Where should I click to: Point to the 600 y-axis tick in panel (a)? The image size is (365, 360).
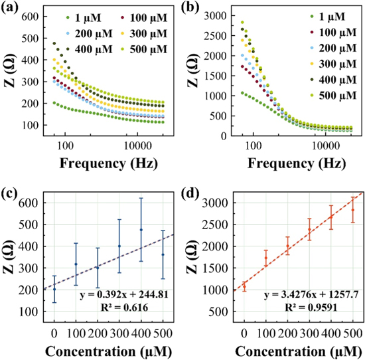click(31, 16)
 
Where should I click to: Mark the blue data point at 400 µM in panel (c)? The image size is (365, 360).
click(141, 230)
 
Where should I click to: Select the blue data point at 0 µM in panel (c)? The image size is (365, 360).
click(54, 289)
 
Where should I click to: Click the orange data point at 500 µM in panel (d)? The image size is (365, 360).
click(353, 210)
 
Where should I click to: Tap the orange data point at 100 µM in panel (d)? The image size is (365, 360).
click(265, 258)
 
